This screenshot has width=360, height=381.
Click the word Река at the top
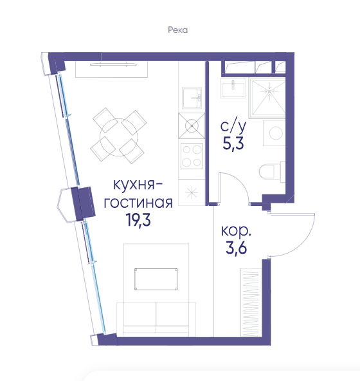177,30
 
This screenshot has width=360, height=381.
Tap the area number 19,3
138,220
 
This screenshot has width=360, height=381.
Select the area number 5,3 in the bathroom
233,144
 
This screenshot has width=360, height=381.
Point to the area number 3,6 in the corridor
236,248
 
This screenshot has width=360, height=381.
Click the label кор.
236,230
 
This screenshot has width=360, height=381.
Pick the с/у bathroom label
233,126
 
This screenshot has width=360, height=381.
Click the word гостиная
138,202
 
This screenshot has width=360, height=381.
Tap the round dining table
119,137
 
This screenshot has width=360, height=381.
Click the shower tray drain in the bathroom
270,91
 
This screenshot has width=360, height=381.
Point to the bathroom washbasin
233,88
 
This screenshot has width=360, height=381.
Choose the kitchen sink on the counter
192,98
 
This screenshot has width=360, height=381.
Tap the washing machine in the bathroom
274,133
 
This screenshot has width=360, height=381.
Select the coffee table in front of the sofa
156,279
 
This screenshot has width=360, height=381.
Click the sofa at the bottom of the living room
156,319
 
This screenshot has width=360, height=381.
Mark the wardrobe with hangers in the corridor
251,302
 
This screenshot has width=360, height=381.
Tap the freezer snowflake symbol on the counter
192,192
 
